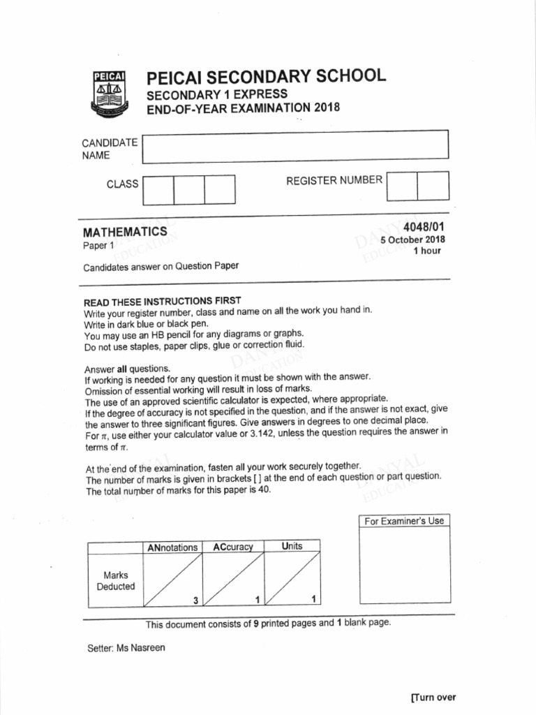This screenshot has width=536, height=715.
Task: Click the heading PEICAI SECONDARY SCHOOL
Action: click(x=265, y=77)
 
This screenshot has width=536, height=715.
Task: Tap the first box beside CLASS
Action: click(x=158, y=190)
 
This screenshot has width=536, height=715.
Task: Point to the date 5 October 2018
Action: click(x=412, y=239)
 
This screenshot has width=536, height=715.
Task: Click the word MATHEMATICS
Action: click(x=125, y=232)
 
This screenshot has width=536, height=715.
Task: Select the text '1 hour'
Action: click(x=427, y=251)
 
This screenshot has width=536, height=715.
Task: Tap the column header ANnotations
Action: click(x=172, y=547)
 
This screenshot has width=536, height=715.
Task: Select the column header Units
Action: click(x=292, y=546)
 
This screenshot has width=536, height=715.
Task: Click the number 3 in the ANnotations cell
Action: click(x=196, y=600)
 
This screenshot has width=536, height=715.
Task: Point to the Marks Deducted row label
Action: click(x=115, y=581)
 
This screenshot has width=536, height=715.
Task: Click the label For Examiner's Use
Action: click(x=404, y=521)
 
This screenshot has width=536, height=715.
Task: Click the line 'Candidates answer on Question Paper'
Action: click(x=161, y=267)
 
